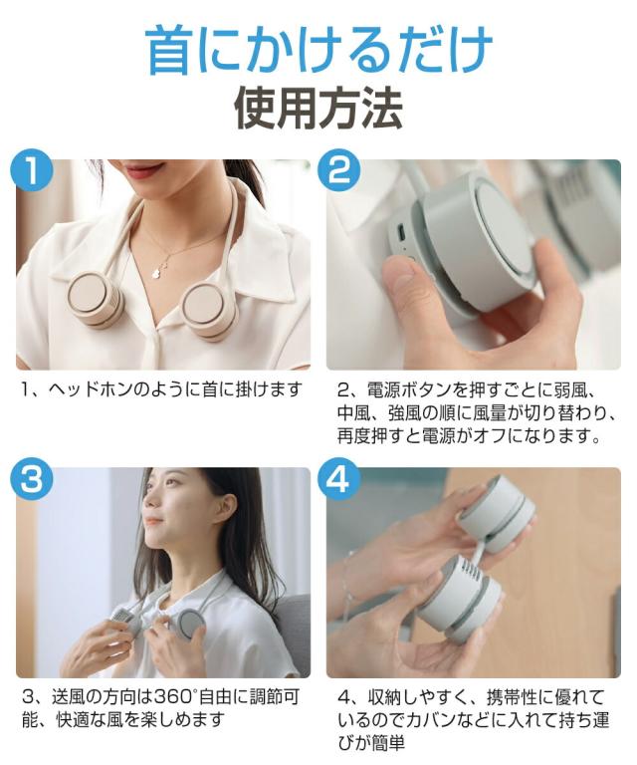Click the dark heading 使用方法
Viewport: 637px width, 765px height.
click(x=318, y=109)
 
